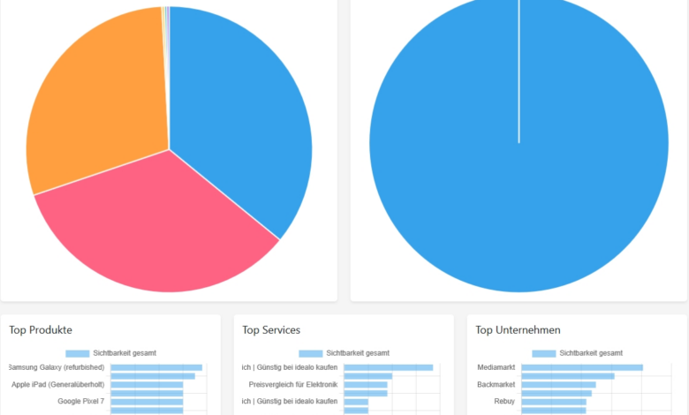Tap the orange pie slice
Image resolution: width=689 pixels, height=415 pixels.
97,106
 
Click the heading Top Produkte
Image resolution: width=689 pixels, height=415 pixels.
41,330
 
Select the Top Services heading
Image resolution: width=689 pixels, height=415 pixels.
271,330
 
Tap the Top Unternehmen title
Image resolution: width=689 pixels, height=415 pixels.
518,330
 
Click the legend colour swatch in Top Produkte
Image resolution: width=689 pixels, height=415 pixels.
77,353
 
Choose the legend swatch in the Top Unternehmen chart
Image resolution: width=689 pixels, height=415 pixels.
543,353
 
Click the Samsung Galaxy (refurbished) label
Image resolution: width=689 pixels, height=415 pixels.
56,367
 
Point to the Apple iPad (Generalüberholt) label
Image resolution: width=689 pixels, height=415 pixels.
57,384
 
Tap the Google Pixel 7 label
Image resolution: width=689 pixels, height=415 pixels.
80,401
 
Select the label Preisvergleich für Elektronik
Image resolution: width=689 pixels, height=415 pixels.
293,384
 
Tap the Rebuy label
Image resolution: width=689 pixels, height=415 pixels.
504,401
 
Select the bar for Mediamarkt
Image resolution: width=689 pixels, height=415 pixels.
581,367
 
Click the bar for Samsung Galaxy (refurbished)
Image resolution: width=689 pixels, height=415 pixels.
156,367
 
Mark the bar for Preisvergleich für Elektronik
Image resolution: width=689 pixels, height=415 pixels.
365,384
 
